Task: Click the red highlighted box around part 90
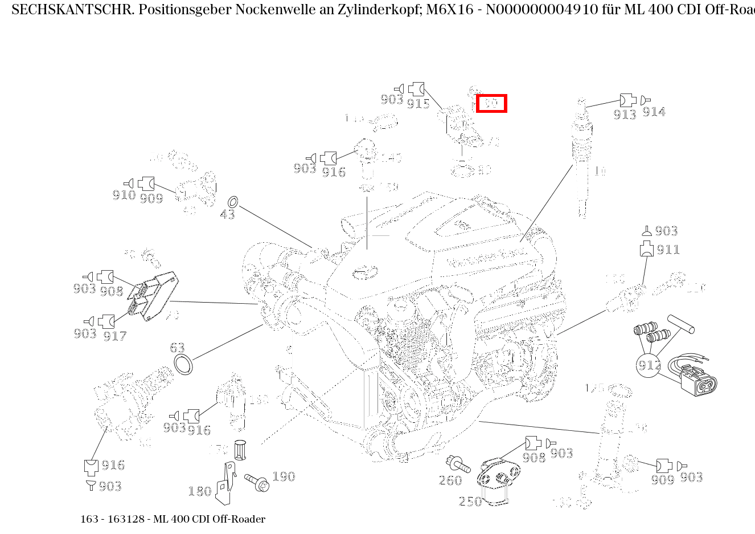click(x=491, y=104)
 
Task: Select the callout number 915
click(x=418, y=104)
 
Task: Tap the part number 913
click(x=625, y=115)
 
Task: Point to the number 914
click(x=654, y=112)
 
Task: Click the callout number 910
click(x=124, y=195)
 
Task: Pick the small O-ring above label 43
click(x=232, y=202)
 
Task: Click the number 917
click(x=114, y=336)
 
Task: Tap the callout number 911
click(x=668, y=250)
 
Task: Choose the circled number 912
click(x=649, y=365)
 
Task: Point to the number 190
click(x=284, y=476)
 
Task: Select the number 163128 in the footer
click(x=125, y=519)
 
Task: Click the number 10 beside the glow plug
click(x=600, y=171)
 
